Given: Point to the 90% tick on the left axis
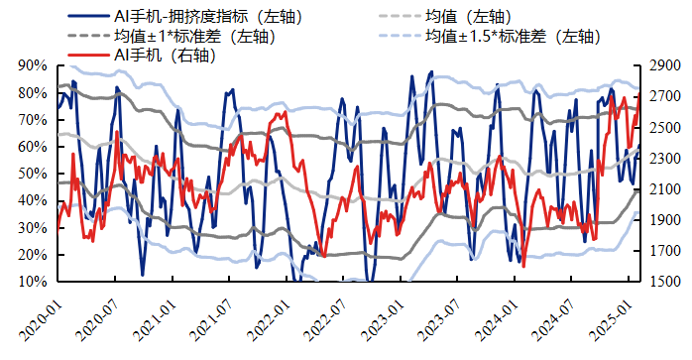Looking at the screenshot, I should click(x=33, y=65).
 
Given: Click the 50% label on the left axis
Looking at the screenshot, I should click(x=33, y=174).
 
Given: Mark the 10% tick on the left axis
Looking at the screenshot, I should click(x=33, y=282).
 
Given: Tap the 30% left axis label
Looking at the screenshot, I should click(x=33, y=227).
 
